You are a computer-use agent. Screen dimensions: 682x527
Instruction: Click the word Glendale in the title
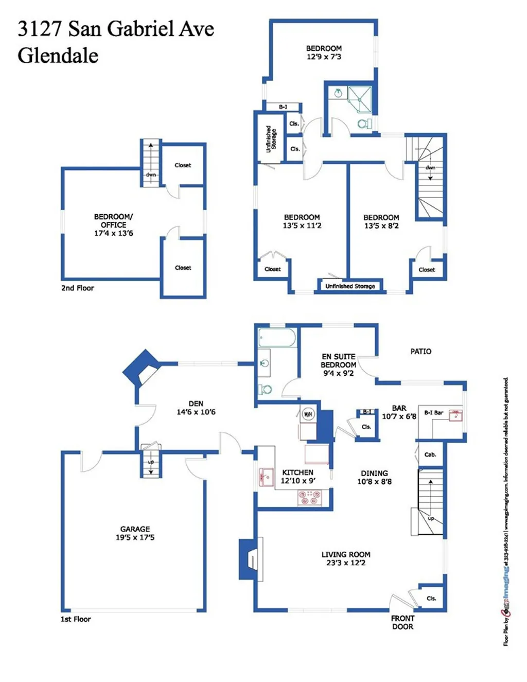(58, 56)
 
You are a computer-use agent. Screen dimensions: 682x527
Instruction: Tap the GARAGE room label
(135, 529)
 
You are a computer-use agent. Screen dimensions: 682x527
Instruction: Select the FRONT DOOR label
(402, 622)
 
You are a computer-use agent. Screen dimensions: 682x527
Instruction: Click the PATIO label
(420, 351)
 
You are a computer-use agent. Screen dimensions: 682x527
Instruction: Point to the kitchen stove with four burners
(309, 497)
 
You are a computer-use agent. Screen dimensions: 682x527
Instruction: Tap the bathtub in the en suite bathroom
(277, 338)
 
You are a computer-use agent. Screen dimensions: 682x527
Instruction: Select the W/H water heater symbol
(308, 414)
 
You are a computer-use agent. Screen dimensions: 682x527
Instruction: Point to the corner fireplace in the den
(142, 368)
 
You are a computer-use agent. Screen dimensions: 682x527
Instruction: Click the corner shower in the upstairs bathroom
(360, 99)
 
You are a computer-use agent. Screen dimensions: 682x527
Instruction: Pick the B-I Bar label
(433, 412)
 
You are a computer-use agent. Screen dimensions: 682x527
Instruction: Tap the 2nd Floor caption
(78, 288)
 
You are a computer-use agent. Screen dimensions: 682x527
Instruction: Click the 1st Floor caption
(76, 619)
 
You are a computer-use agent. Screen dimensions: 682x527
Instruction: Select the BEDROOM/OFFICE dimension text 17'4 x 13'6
(113, 233)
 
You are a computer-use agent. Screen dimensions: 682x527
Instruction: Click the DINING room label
(374, 473)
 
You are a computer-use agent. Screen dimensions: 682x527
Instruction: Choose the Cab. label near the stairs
(430, 454)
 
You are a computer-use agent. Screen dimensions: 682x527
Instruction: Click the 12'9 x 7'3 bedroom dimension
(324, 57)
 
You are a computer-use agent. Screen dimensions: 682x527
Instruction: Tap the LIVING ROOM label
(346, 554)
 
